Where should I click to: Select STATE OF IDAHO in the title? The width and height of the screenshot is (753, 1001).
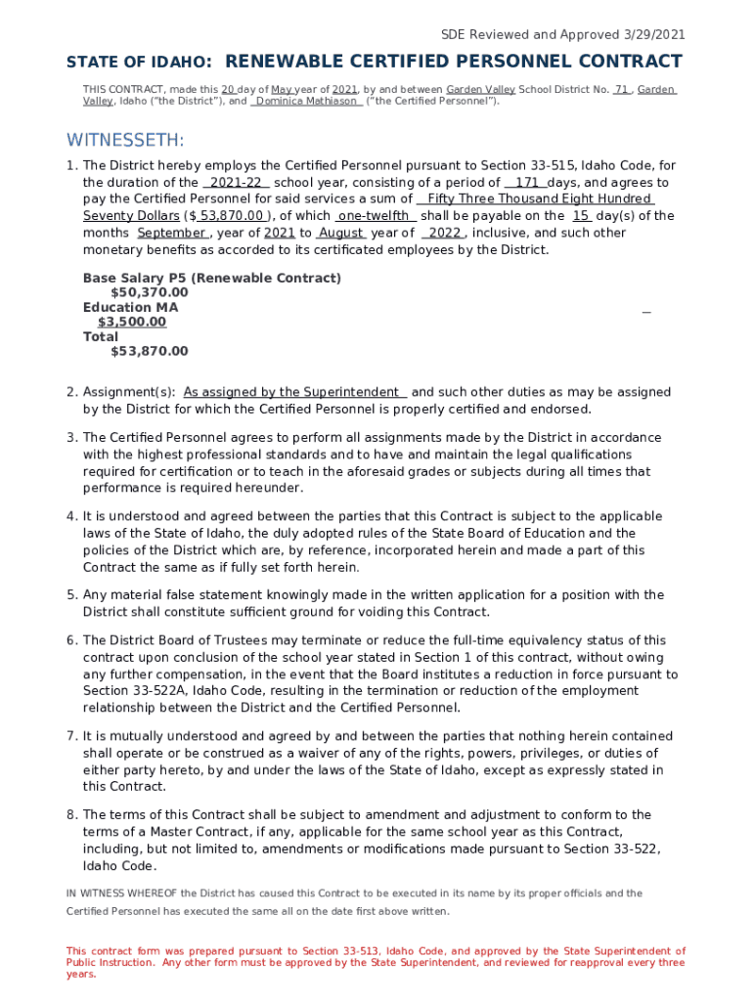pyautogui.click(x=138, y=63)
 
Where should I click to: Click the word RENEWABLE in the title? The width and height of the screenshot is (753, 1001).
pyautogui.click(x=293, y=62)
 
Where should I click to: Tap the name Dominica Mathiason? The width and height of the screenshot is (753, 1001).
pyautogui.click(x=306, y=101)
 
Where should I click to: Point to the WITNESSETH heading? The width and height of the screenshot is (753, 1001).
pyautogui.click(x=125, y=141)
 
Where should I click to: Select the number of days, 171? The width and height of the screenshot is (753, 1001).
pyautogui.click(x=526, y=183)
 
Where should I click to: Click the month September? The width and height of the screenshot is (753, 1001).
pyautogui.click(x=171, y=233)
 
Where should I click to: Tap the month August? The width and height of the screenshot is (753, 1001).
pyautogui.click(x=341, y=233)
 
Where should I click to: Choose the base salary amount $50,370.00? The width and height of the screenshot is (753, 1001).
pyautogui.click(x=150, y=292)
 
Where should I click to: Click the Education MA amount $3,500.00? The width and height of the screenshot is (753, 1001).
pyautogui.click(x=132, y=322)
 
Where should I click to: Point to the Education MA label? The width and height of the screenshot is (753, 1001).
pyautogui.click(x=131, y=307)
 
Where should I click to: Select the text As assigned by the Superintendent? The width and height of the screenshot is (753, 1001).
pyautogui.click(x=291, y=392)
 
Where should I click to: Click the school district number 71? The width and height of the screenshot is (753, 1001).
pyautogui.click(x=621, y=89)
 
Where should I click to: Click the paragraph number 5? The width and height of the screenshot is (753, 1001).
pyautogui.click(x=71, y=595)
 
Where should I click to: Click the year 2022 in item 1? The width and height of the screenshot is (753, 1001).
pyautogui.click(x=444, y=233)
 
